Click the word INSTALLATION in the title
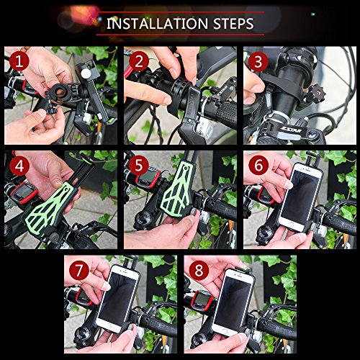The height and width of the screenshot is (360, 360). click(x=153, y=23)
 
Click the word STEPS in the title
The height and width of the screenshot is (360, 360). click(x=228, y=23)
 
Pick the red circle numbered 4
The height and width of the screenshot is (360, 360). click(x=19, y=167)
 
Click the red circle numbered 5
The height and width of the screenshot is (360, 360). click(x=138, y=167)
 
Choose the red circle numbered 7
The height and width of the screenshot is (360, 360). click(x=79, y=271)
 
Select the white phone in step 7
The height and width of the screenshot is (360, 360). click(x=120, y=302)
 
